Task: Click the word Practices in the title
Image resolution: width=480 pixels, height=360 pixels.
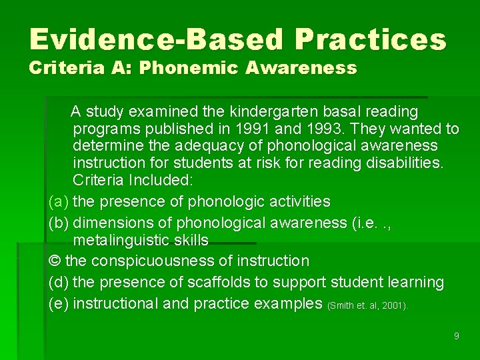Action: (370, 40)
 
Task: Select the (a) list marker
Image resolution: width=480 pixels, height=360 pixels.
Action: (59, 201)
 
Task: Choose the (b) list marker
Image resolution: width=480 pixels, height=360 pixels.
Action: (59, 223)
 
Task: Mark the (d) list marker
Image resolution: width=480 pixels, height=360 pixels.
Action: (59, 282)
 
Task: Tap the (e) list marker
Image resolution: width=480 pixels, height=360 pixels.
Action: (59, 303)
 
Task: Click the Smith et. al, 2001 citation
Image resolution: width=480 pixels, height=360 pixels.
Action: (368, 306)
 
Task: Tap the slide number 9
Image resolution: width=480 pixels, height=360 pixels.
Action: (456, 336)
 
